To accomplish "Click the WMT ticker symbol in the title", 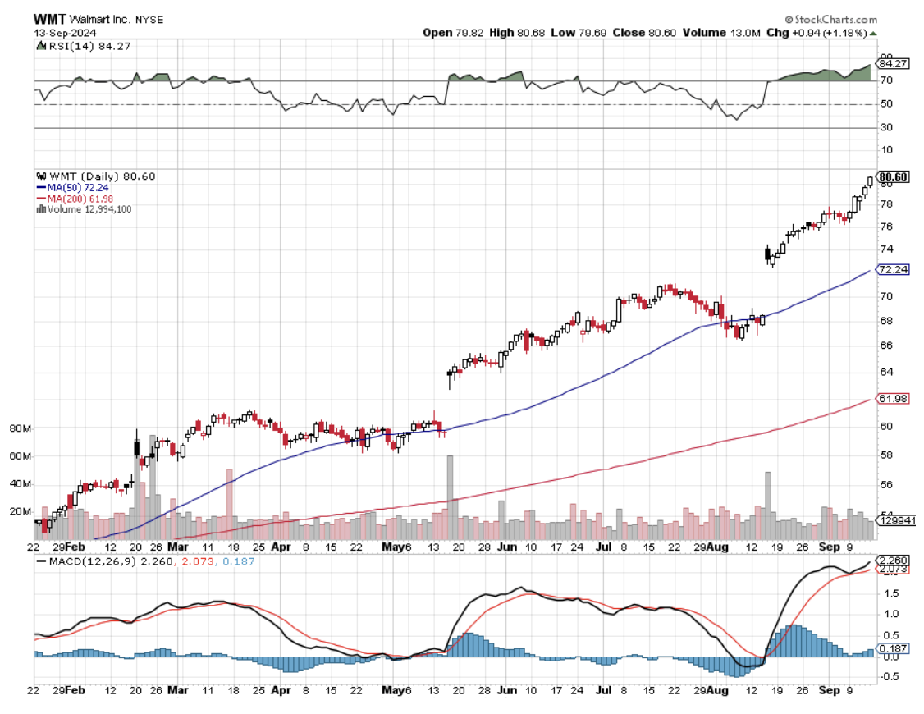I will tap(48, 19).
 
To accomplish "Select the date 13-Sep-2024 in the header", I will tap(66, 32).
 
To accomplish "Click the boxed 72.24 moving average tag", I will tap(891, 269).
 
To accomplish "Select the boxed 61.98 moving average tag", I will tap(891, 399).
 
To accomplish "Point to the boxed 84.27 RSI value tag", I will tap(891, 62).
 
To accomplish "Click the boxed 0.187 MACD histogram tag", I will tap(893, 648).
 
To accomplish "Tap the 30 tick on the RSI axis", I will tap(885, 128).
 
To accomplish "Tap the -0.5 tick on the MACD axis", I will tap(889, 677).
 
